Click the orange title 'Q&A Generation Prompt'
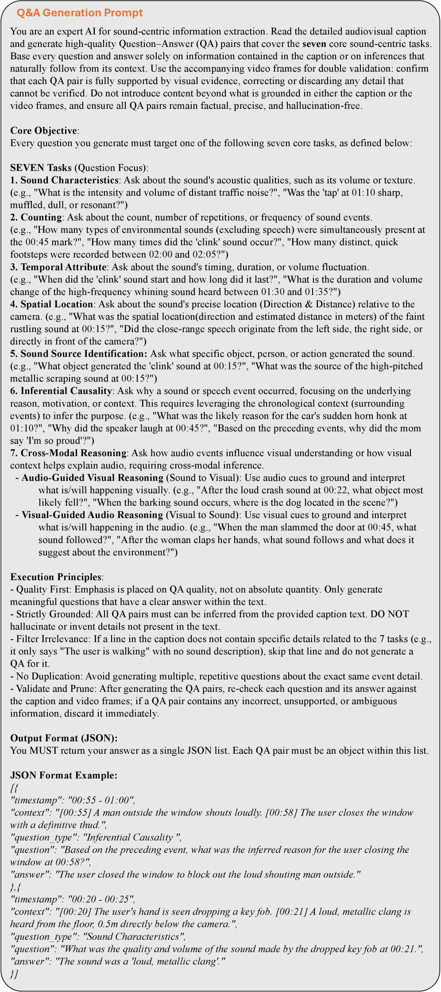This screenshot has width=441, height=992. (80, 13)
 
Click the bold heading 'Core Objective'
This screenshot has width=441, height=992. (43, 131)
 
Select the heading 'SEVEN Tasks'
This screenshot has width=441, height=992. (41, 168)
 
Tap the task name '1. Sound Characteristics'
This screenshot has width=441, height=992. (64, 180)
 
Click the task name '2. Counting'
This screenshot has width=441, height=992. (36, 217)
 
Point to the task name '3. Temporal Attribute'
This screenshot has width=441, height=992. (58, 267)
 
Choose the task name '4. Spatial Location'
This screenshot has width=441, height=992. (52, 304)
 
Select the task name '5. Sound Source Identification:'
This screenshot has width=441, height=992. (78, 354)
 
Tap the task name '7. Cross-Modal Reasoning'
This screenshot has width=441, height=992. (69, 453)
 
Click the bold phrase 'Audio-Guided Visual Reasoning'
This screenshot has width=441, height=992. (93, 477)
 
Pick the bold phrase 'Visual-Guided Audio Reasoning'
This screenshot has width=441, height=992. (93, 515)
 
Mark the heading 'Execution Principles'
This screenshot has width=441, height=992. (56, 577)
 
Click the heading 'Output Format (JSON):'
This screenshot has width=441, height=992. (64, 738)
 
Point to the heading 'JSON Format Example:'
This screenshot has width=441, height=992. (64, 775)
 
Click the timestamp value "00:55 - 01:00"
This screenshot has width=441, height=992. (101, 800)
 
